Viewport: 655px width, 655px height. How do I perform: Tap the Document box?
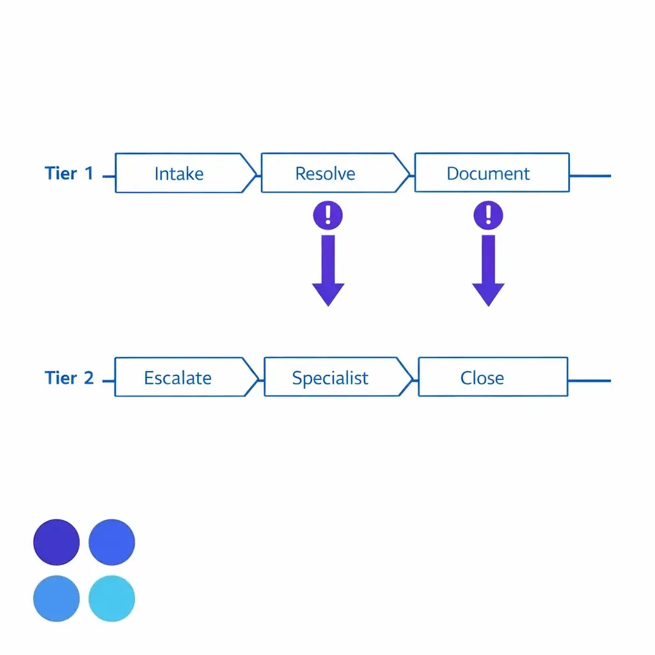492,173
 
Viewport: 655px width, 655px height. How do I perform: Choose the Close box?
493,377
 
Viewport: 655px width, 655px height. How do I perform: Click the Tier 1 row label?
69,173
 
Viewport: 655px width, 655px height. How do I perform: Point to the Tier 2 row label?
69,377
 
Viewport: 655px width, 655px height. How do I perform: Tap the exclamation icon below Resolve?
328,216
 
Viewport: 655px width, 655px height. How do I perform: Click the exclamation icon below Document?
488,216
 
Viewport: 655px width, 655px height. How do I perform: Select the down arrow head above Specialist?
328,294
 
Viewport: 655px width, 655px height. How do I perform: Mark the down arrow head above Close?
488,294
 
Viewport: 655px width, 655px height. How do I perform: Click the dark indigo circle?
56,542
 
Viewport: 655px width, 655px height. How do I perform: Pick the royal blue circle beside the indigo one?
111,542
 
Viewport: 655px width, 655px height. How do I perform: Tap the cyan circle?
111,598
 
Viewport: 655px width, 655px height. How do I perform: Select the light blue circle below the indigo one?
56,598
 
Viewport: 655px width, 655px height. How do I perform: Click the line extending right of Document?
590,176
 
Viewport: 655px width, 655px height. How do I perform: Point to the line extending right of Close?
589,381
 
